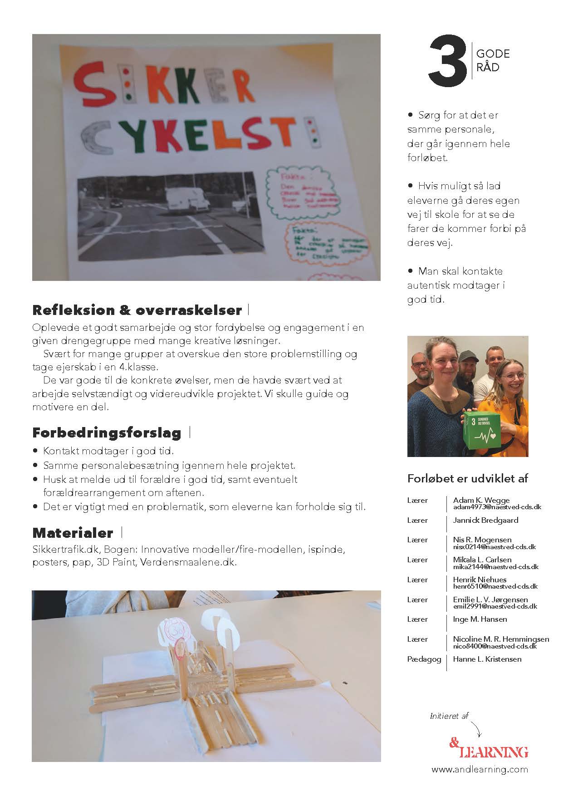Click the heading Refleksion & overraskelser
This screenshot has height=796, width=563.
point(137,310)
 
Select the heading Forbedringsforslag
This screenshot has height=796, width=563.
point(107,433)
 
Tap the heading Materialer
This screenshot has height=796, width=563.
point(73,532)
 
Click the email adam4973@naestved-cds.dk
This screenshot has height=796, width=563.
point(497,507)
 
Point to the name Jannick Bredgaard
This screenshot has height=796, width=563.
point(485,520)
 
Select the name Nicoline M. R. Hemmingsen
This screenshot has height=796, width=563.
point(501,639)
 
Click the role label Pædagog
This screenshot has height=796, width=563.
point(424,659)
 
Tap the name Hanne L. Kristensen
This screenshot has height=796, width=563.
point(487,659)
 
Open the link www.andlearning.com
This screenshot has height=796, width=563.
point(480,769)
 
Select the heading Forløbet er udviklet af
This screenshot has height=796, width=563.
point(467,478)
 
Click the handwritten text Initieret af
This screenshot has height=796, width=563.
point(449,716)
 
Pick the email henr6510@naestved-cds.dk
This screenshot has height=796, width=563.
point(495,586)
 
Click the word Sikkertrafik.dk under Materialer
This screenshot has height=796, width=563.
point(66,550)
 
